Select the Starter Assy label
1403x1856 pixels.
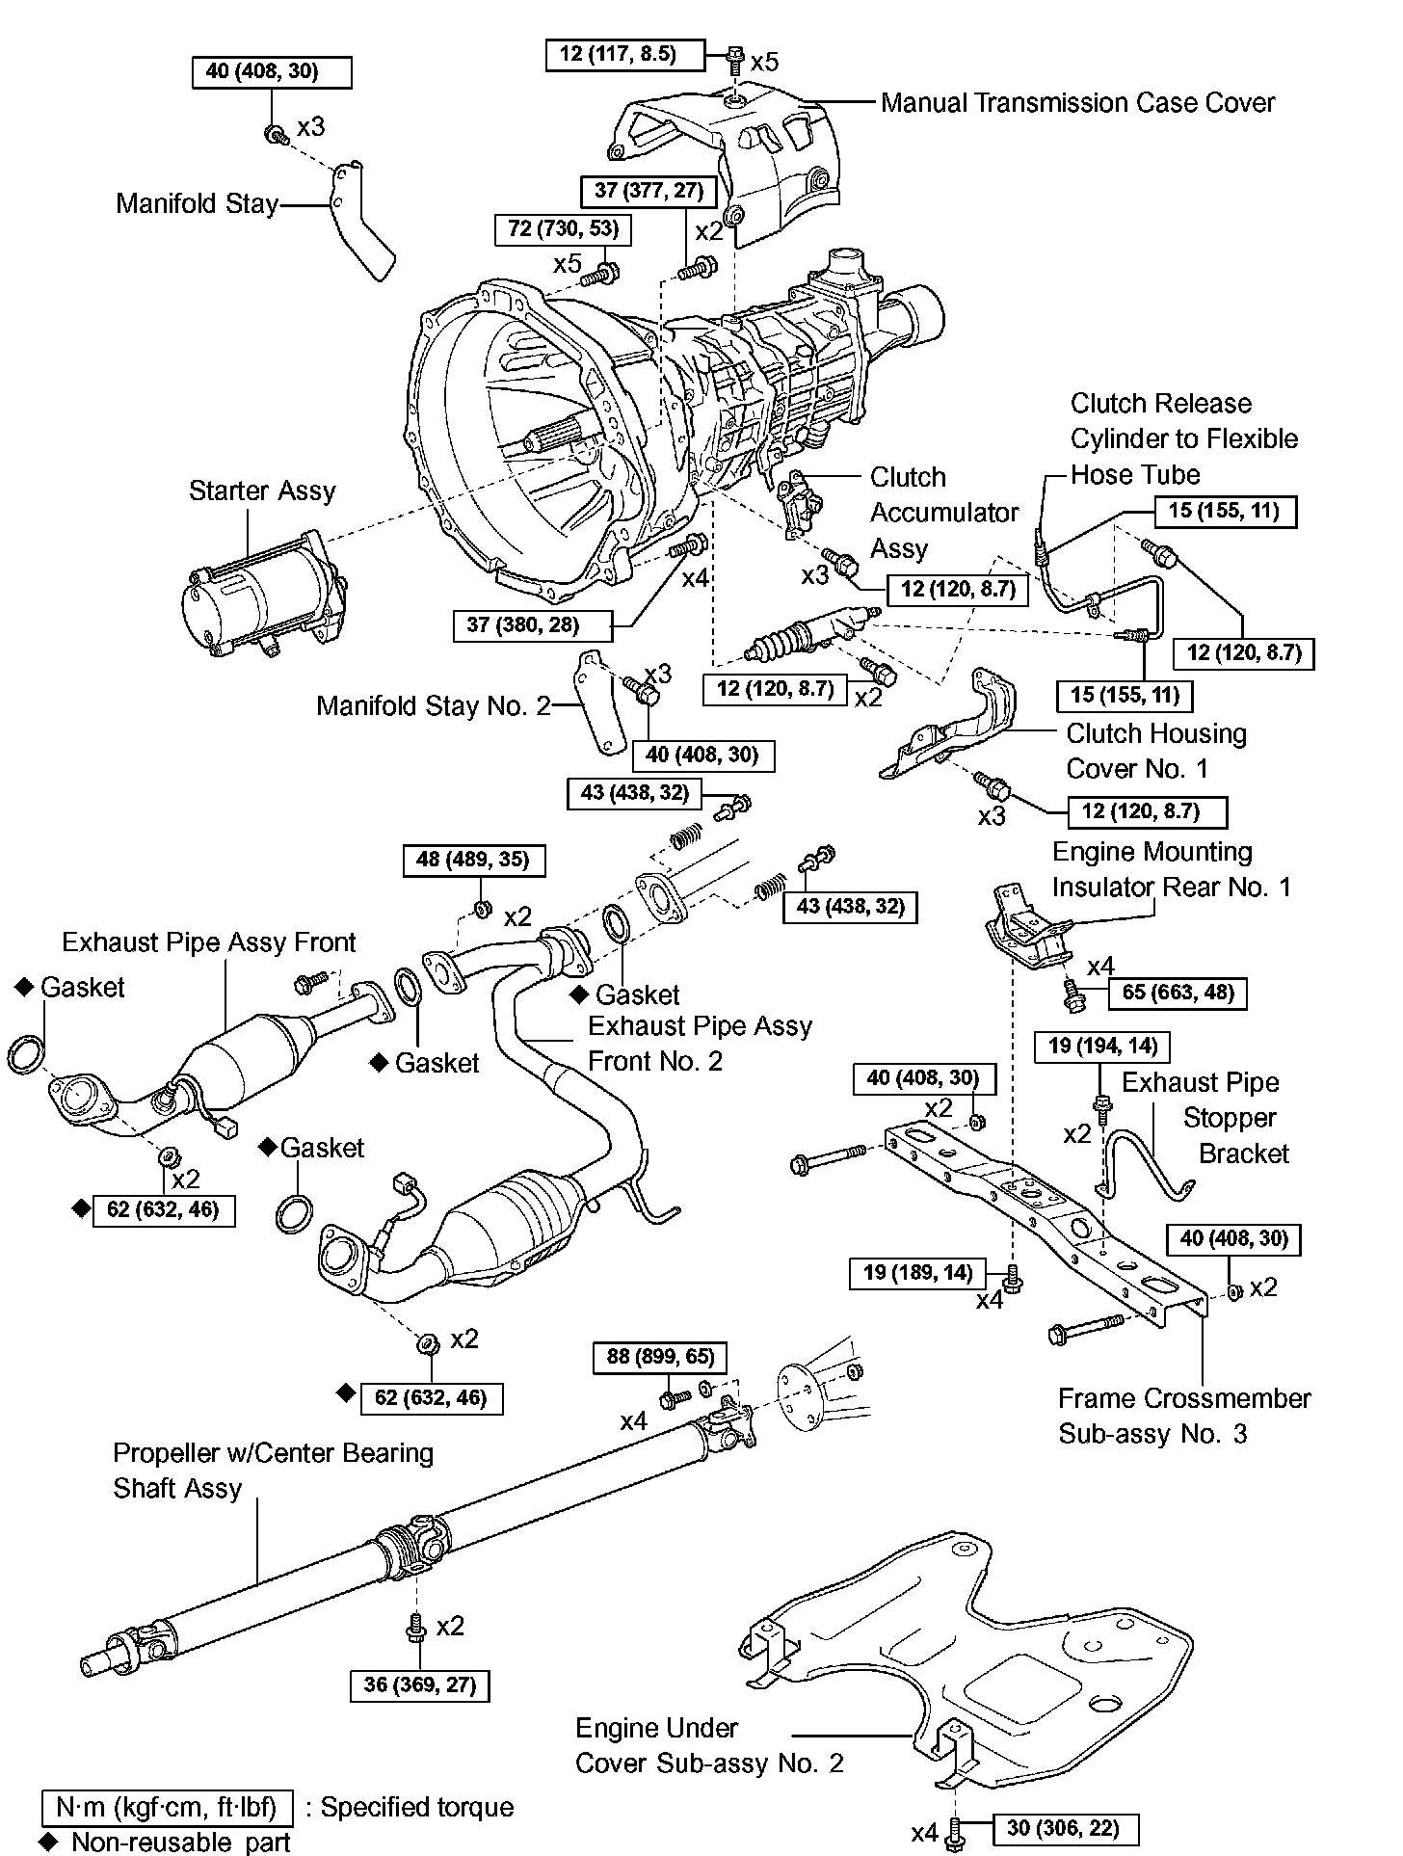[x=261, y=491]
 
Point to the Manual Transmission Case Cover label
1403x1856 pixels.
[x=1077, y=103]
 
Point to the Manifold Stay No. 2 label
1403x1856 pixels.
[x=433, y=706]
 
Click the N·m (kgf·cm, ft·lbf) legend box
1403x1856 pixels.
[x=167, y=1806]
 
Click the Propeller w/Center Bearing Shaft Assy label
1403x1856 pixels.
[x=273, y=1470]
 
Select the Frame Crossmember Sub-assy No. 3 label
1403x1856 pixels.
[x=1183, y=1416]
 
